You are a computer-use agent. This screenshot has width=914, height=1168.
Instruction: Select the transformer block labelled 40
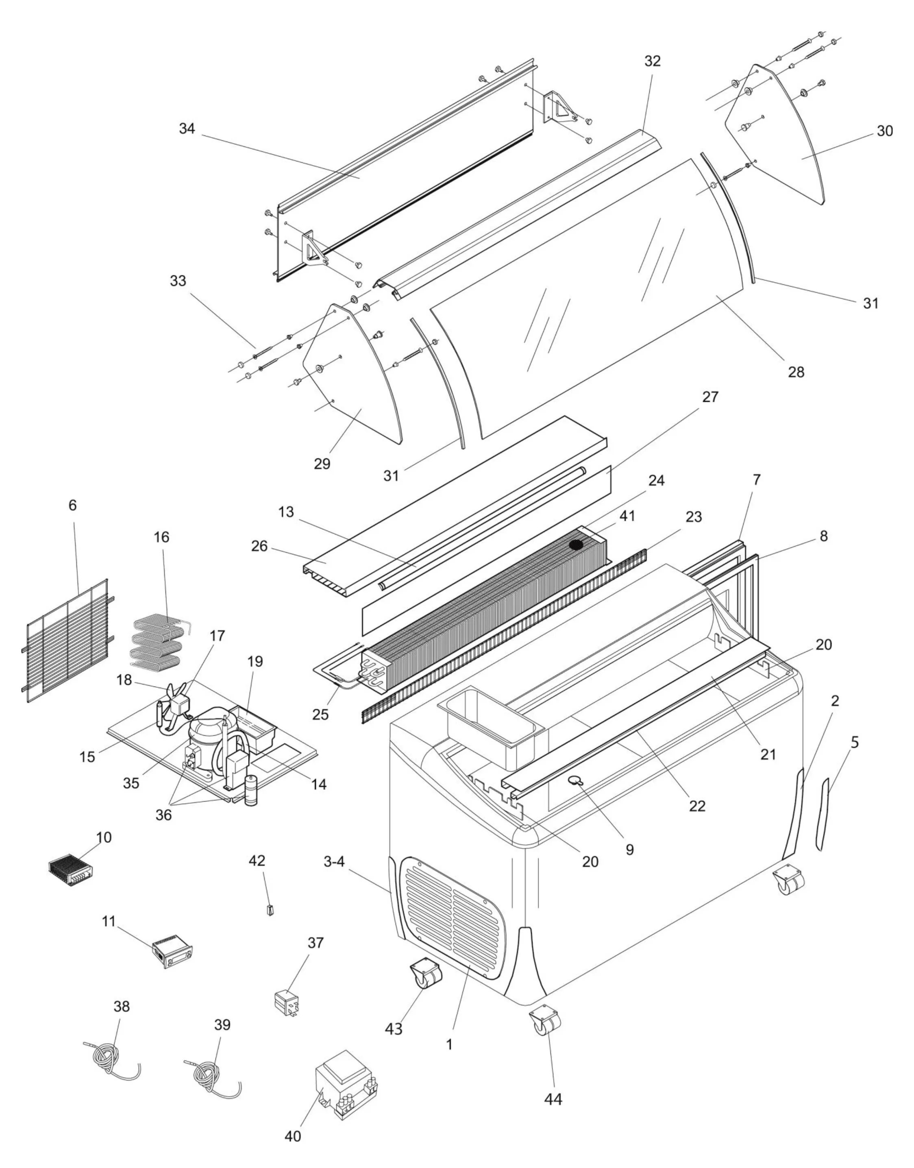348,1095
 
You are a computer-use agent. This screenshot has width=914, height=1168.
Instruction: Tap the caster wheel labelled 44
546,1024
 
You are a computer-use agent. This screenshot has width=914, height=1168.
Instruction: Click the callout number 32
652,61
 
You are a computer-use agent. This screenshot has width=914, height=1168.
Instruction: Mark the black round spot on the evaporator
576,545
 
